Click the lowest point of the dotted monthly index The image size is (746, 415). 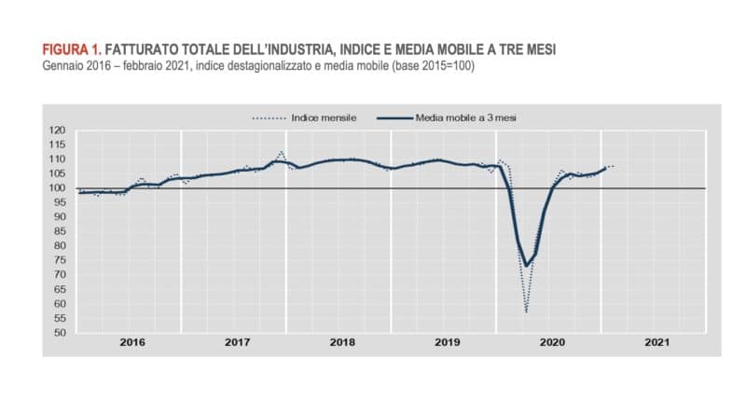tap(526, 311)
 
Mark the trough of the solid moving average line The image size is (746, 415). tap(527, 266)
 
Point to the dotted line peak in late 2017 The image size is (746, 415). tap(282, 152)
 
